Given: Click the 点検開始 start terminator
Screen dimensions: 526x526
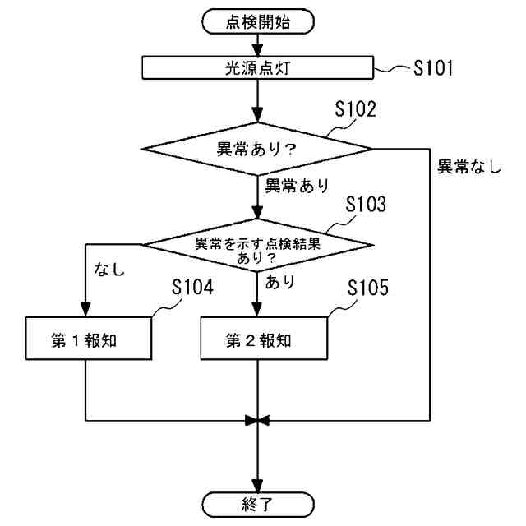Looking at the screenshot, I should tap(258, 23).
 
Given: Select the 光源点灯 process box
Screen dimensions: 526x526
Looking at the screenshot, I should tap(258, 67).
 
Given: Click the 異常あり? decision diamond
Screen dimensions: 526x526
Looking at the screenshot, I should tap(258, 150).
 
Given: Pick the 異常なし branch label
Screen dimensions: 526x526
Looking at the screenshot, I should tap(468, 166).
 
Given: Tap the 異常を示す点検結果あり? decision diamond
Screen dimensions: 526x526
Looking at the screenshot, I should tap(258, 245).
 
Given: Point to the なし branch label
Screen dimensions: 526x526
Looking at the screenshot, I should tap(110, 268).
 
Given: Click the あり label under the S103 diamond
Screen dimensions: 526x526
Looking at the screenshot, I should tap(280, 280).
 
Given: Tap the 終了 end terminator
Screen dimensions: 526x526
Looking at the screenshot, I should tap(258, 502).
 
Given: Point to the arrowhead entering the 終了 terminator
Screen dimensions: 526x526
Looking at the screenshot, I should tap(258, 486).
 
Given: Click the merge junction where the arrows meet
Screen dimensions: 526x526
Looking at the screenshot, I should tap(258, 421).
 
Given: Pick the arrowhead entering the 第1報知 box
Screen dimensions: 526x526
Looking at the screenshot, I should tap(85, 311).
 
